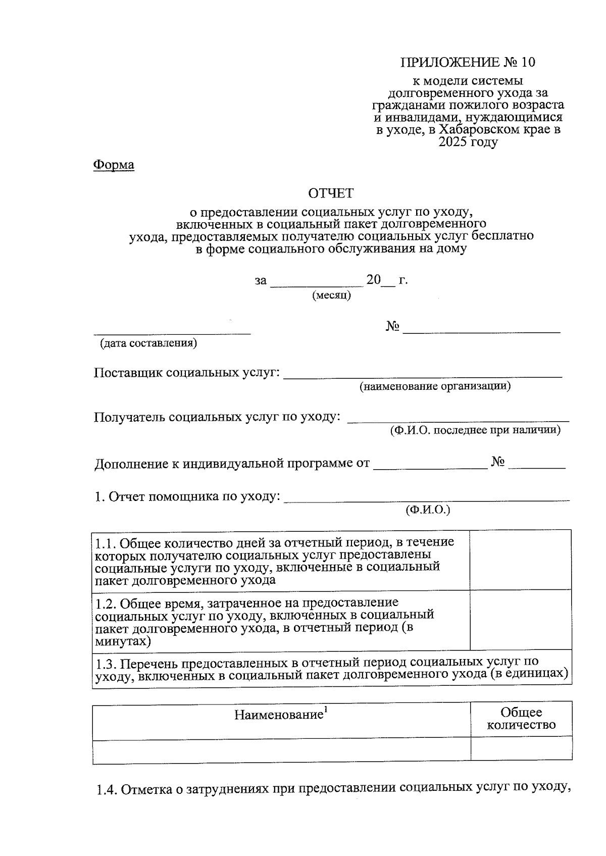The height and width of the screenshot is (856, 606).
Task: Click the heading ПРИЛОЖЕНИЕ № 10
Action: pyautogui.click(x=467, y=62)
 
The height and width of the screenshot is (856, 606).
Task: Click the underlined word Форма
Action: pyautogui.click(x=114, y=165)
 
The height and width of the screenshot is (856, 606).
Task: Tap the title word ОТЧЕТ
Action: pyautogui.click(x=331, y=193)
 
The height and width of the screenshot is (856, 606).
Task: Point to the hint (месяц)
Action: pyautogui.click(x=331, y=295)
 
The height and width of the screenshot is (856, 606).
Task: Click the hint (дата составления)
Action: pyautogui.click(x=148, y=343)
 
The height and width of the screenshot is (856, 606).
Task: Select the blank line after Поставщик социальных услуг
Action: pyautogui.click(x=423, y=374)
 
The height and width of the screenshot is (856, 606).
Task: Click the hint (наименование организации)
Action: pyautogui.click(x=435, y=386)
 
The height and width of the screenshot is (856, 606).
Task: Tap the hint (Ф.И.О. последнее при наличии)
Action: pyautogui.click(x=475, y=430)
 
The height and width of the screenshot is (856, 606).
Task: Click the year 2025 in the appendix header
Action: pyautogui.click(x=453, y=142)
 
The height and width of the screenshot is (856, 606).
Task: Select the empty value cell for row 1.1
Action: pyautogui.click(x=520, y=560)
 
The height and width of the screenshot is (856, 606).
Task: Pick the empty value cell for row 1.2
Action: pyautogui.click(x=520, y=620)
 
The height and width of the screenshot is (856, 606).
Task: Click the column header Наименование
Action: pyautogui.click(x=279, y=714)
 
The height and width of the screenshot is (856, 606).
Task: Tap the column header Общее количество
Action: pyautogui.click(x=521, y=719)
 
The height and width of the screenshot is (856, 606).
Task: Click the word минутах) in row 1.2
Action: pyautogui.click(x=123, y=642)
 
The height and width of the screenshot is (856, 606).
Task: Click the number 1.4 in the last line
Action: pyautogui.click(x=107, y=789)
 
